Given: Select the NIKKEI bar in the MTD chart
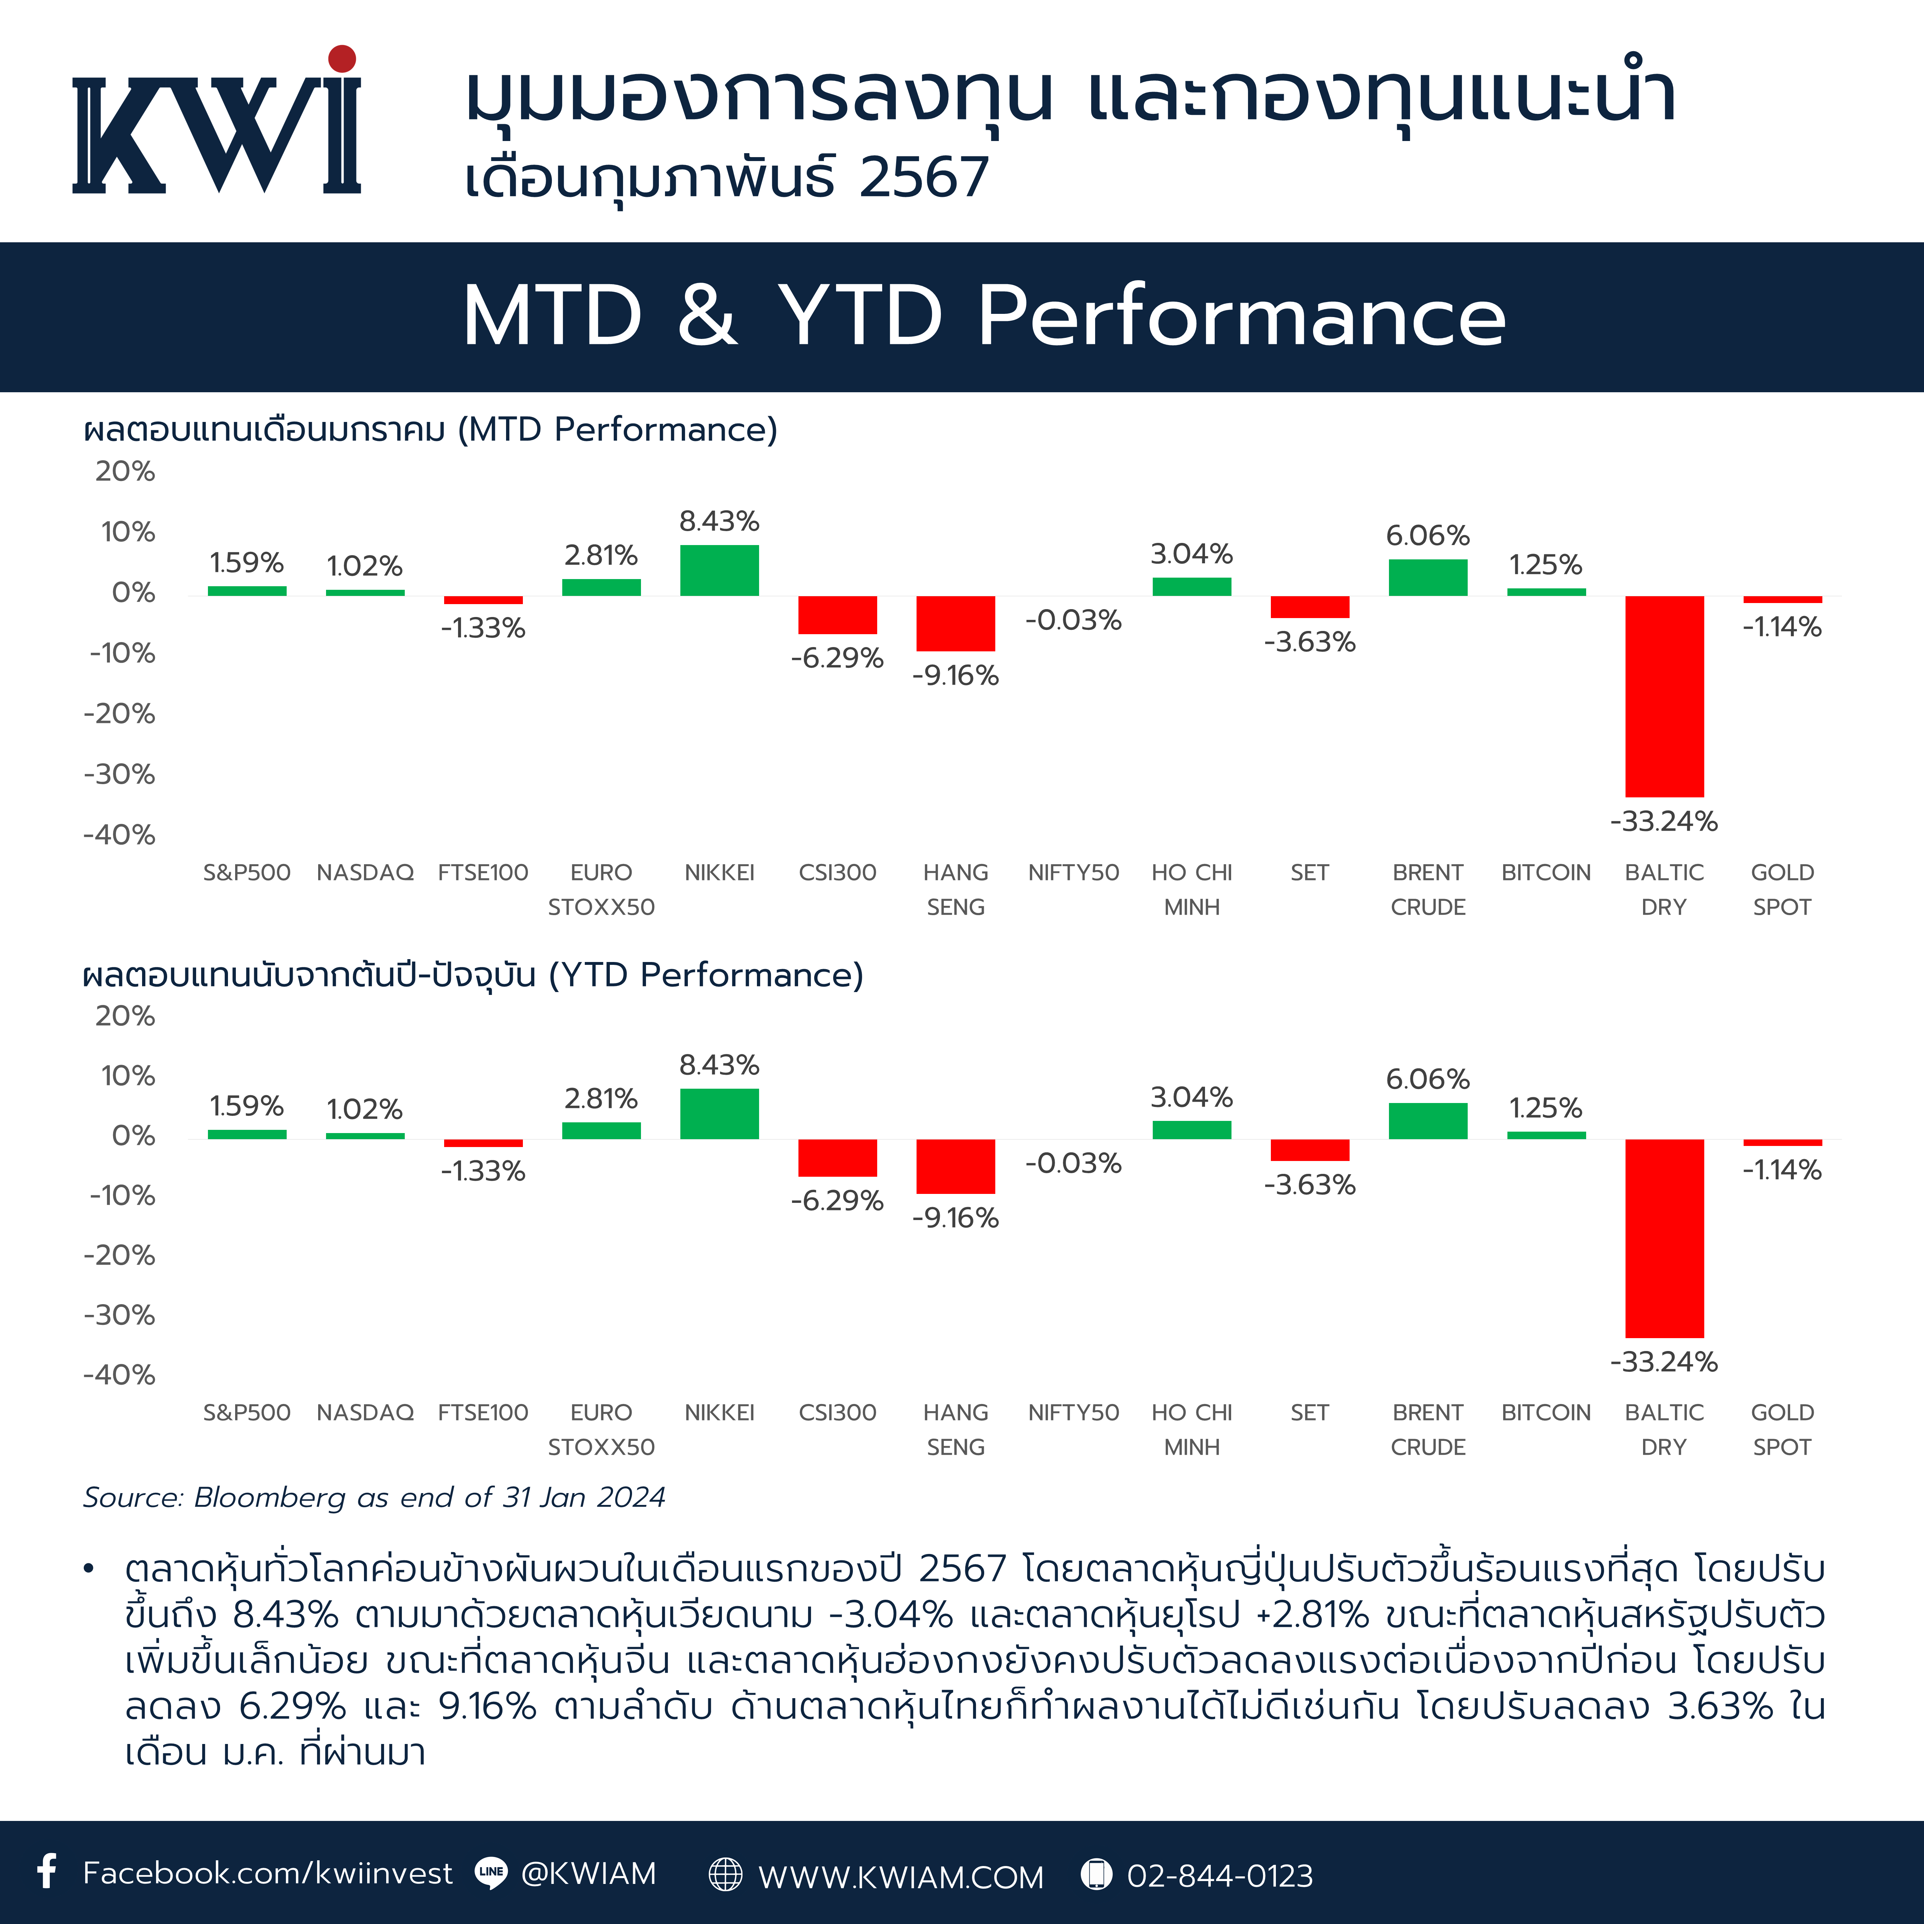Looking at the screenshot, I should point(719,570).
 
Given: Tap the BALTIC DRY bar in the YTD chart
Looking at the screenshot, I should point(1664,1238).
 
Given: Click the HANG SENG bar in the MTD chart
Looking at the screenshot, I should point(955,623).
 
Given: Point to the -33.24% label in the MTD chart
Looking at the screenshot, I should point(1664,822).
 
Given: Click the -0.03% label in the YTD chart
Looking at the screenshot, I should point(1074,1163).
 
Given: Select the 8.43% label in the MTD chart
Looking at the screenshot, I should point(719,521).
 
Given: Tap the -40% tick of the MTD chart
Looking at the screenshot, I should point(120,835).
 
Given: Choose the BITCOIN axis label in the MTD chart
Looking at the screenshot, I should point(1546,873).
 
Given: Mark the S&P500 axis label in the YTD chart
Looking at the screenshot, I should point(247,1412).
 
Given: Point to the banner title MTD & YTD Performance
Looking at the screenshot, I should point(984,316).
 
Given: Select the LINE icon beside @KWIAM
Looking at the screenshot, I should point(491,1872).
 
